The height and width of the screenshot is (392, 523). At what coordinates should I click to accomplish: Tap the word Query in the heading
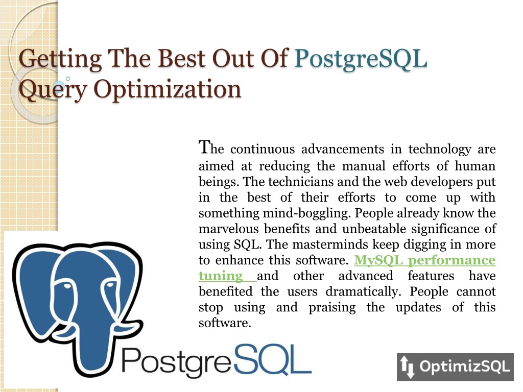53,90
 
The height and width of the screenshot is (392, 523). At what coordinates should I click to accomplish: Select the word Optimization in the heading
167,90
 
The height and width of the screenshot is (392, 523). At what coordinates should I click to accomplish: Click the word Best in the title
181,59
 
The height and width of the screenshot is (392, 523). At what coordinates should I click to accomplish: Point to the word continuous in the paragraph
263,149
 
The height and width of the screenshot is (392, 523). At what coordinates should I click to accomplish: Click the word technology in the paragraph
440,150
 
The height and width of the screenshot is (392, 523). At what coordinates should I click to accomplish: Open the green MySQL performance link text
424,260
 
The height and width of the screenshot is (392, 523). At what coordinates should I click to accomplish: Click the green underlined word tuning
221,276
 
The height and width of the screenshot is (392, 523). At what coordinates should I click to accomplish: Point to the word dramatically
363,292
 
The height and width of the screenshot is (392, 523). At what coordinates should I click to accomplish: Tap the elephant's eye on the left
67,286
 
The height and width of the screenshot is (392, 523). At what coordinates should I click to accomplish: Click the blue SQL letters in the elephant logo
273,360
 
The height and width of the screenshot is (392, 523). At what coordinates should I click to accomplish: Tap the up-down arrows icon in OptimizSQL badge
407,366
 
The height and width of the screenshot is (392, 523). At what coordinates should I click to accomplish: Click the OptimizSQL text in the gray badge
465,366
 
